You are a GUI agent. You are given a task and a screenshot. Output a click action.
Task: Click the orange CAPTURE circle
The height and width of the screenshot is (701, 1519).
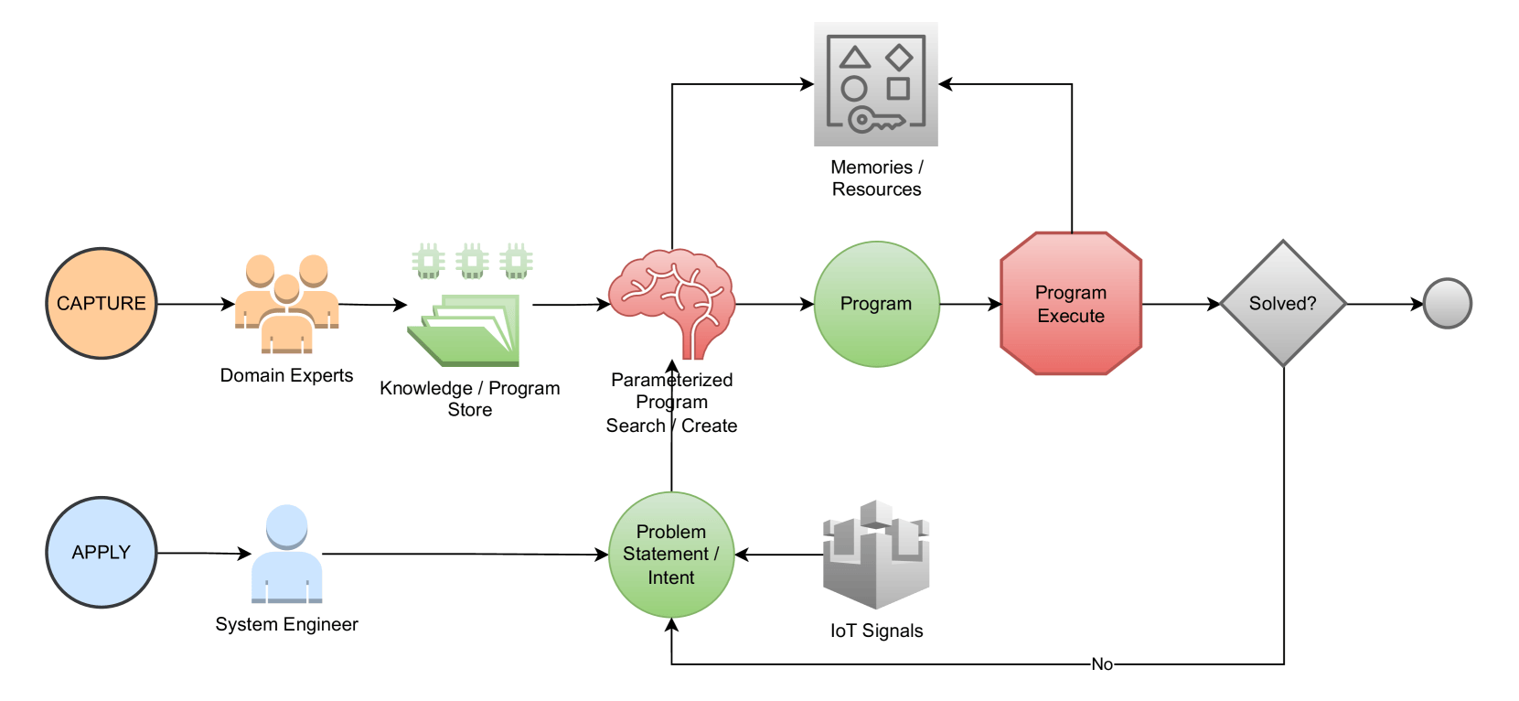[x=102, y=303]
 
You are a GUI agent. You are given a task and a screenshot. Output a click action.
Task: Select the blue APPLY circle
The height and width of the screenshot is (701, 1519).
[x=102, y=552]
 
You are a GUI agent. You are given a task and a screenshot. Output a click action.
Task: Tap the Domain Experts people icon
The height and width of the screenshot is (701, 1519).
[x=287, y=305]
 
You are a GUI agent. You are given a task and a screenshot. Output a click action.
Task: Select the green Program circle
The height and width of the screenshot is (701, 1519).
[x=876, y=304]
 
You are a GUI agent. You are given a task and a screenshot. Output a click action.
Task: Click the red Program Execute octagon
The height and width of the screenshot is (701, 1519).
[x=1071, y=304]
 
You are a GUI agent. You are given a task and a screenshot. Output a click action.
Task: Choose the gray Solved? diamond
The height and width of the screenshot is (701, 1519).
[x=1283, y=304]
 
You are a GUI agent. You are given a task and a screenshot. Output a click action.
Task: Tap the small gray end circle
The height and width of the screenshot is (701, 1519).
[x=1447, y=304]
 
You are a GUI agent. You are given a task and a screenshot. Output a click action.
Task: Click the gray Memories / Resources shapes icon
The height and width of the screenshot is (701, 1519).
[x=876, y=84]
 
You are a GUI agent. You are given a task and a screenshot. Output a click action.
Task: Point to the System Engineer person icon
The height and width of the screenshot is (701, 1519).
[x=287, y=554]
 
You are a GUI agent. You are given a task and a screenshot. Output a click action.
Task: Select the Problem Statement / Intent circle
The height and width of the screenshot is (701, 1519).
[x=671, y=555]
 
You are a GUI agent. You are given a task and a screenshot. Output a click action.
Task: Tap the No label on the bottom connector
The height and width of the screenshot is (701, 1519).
[x=1102, y=664]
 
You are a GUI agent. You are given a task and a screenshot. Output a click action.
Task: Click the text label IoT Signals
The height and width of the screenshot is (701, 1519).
[x=876, y=631]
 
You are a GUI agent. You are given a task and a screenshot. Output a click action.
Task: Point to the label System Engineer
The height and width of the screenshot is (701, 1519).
[x=287, y=624]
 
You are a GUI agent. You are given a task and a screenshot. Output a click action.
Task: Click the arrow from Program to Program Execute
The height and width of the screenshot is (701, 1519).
[x=970, y=304]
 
